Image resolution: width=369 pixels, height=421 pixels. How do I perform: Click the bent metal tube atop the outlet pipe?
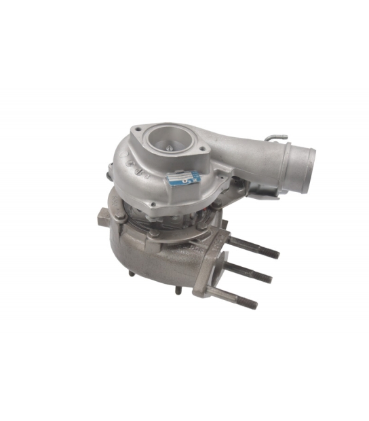274,139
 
